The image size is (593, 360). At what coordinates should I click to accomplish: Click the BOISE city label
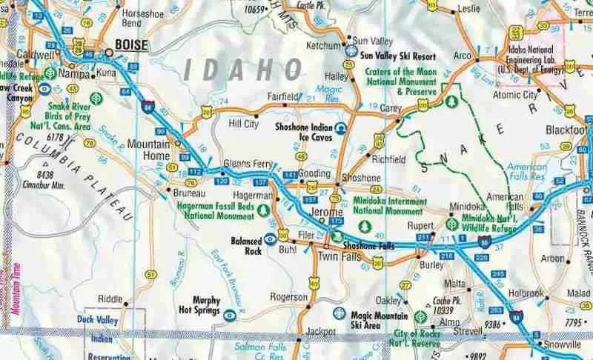(x=130, y=46)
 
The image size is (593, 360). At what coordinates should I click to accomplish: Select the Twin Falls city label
(x=339, y=256)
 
